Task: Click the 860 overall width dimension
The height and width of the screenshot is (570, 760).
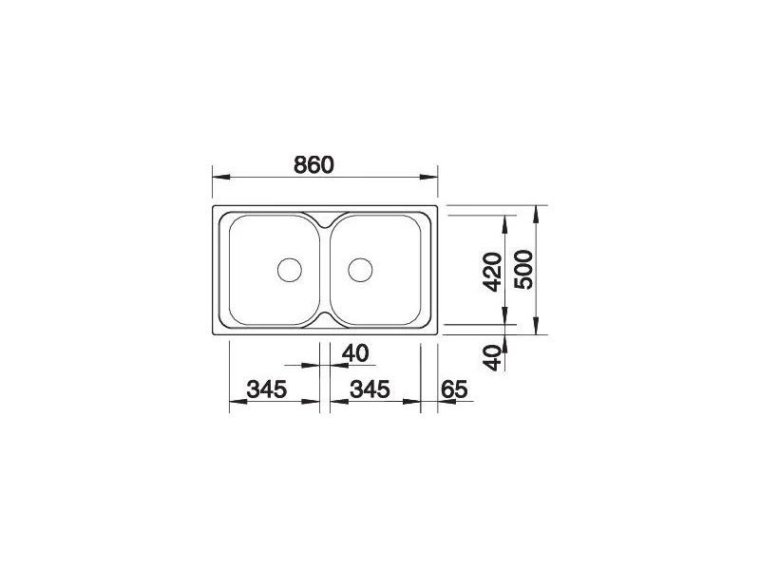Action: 314,165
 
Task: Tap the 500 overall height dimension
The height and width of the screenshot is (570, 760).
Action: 523,270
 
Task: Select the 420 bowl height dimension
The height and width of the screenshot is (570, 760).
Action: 493,272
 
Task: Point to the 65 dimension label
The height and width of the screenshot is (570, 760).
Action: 454,389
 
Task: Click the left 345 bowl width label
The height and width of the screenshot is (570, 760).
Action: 267,389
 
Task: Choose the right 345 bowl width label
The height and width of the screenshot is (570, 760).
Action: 370,389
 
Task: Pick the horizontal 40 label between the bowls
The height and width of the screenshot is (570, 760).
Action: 355,352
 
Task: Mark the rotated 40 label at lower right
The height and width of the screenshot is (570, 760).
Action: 493,358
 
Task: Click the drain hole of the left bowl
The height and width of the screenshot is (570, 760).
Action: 290,270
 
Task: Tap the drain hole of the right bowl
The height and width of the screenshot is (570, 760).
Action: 360,270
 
